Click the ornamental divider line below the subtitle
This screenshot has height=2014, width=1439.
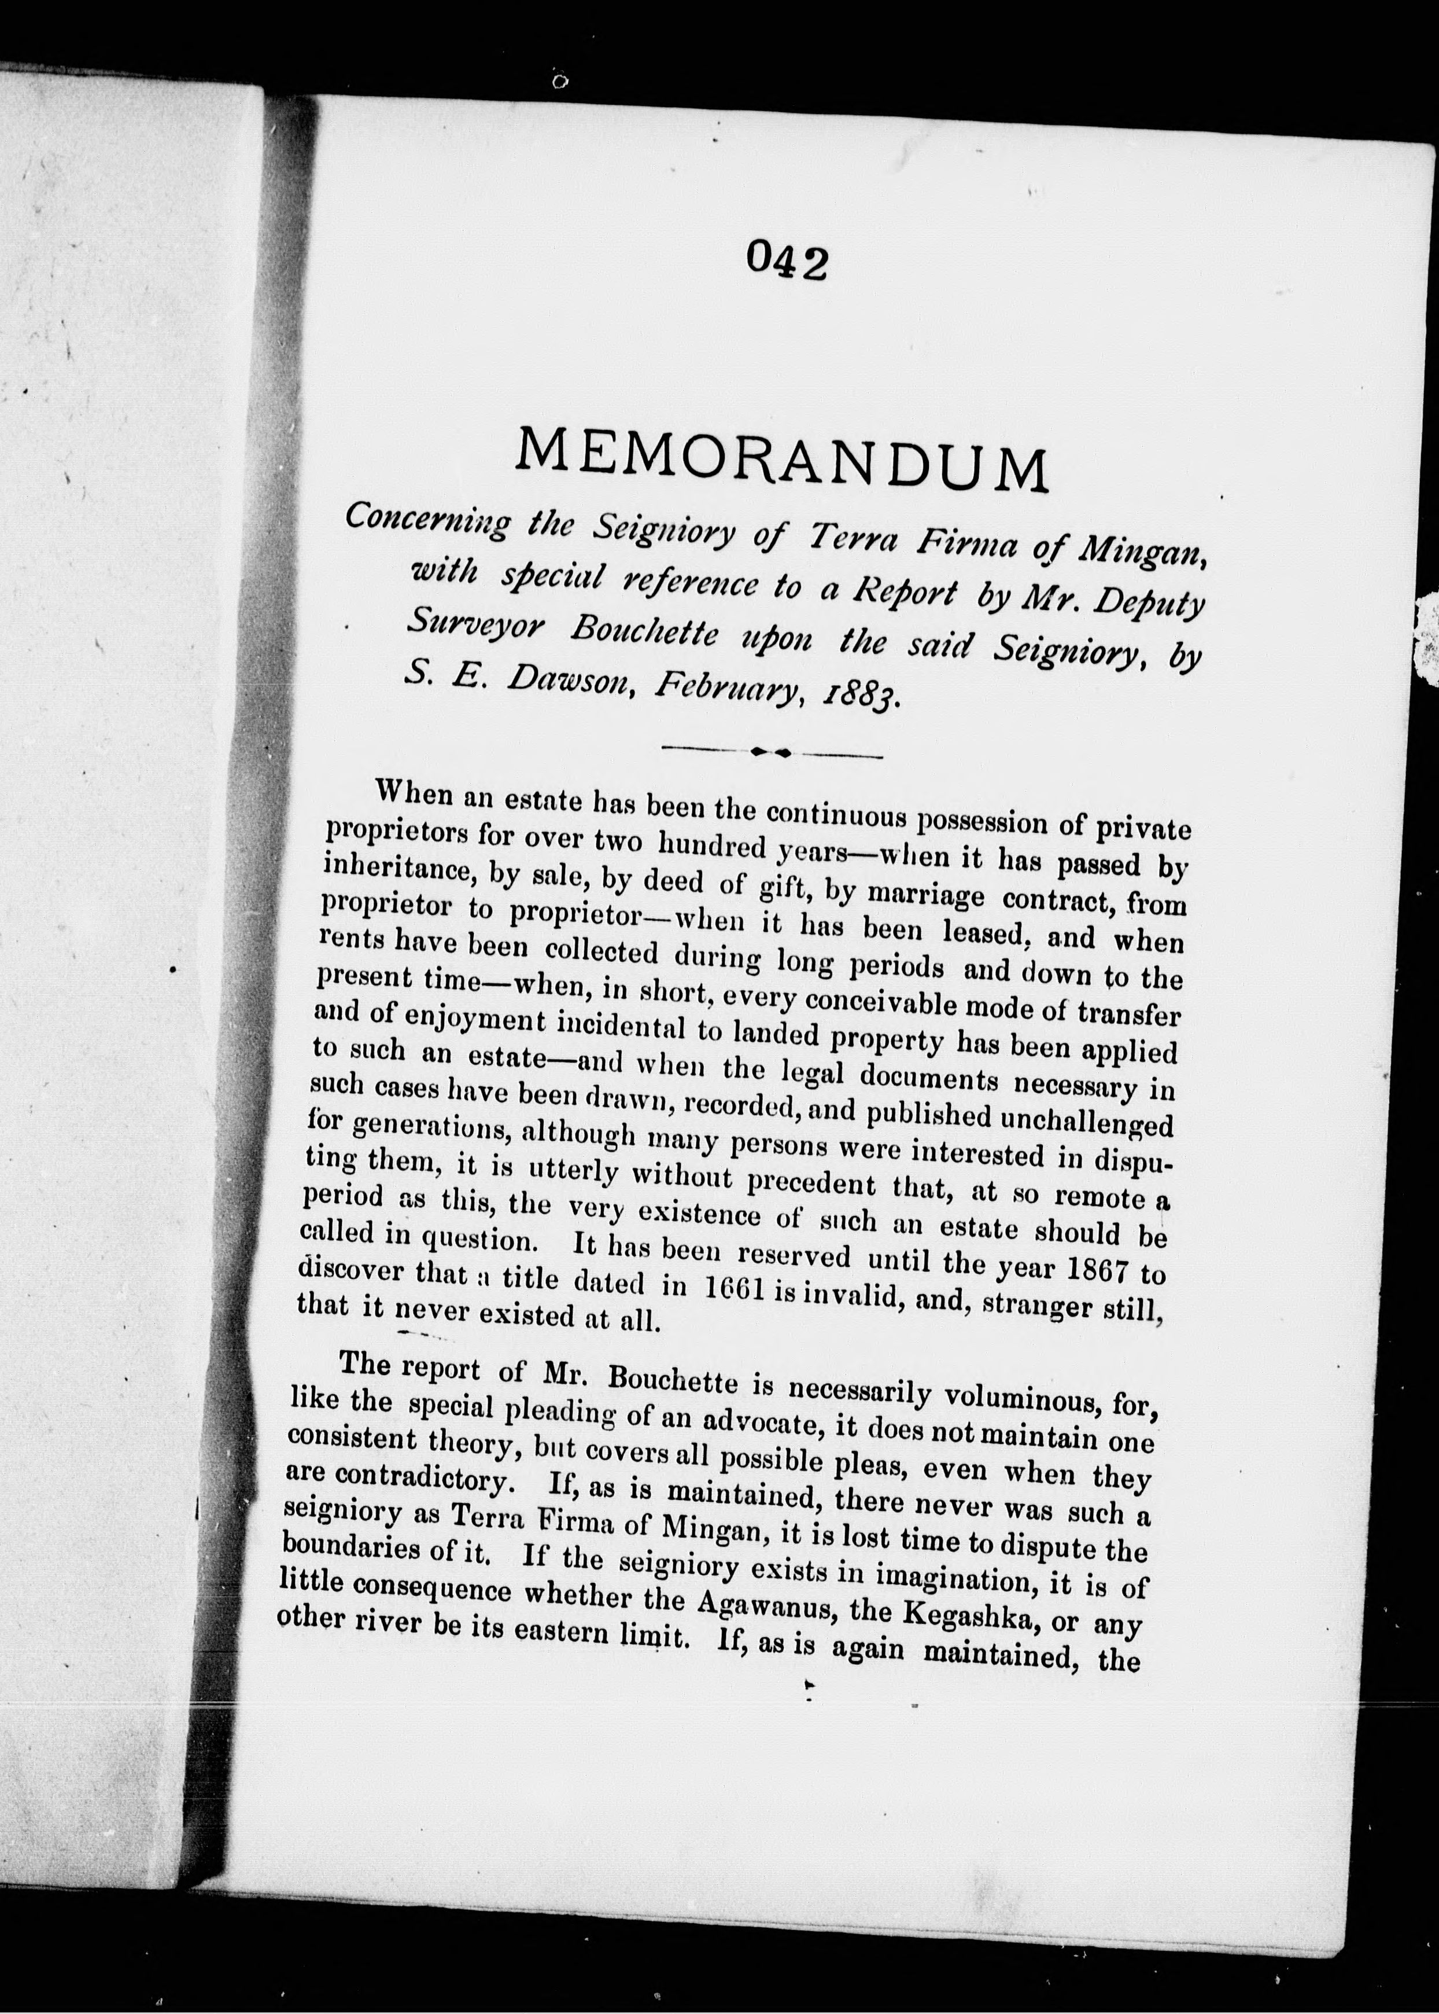(771, 752)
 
